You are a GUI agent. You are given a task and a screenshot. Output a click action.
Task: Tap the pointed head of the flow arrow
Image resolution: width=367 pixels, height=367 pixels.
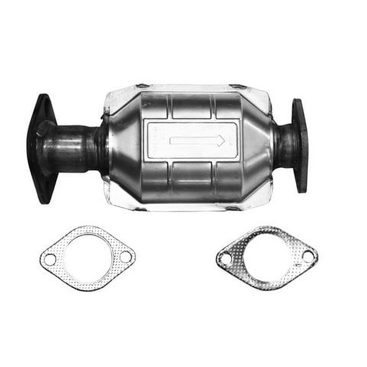[x=221, y=140]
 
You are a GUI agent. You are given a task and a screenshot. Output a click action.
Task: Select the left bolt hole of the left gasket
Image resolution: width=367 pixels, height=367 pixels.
[x=50, y=260]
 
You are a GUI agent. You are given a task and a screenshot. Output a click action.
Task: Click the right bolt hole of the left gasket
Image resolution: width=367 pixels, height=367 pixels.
[x=125, y=257]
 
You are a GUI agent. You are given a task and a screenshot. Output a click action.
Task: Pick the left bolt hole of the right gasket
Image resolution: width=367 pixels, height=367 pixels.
[x=226, y=259]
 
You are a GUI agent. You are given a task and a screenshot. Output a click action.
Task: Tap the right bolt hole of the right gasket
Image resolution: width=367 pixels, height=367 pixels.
[x=308, y=256]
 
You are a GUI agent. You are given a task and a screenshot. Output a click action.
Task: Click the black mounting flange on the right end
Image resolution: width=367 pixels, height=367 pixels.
[x=300, y=145]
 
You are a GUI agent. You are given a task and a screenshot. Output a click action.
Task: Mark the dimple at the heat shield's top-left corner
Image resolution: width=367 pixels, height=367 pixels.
[x=143, y=86]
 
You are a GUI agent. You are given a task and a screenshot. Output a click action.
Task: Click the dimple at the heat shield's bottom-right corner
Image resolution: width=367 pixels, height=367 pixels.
[x=232, y=208]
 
